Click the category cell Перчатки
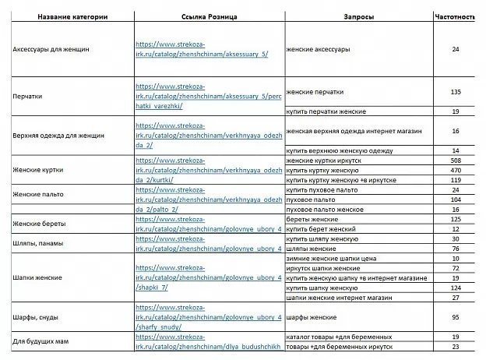(x=28, y=97)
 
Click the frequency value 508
(x=456, y=161)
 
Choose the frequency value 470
(x=456, y=170)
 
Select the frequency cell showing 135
(x=456, y=92)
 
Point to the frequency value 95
(x=456, y=317)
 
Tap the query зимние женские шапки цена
(x=333, y=258)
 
